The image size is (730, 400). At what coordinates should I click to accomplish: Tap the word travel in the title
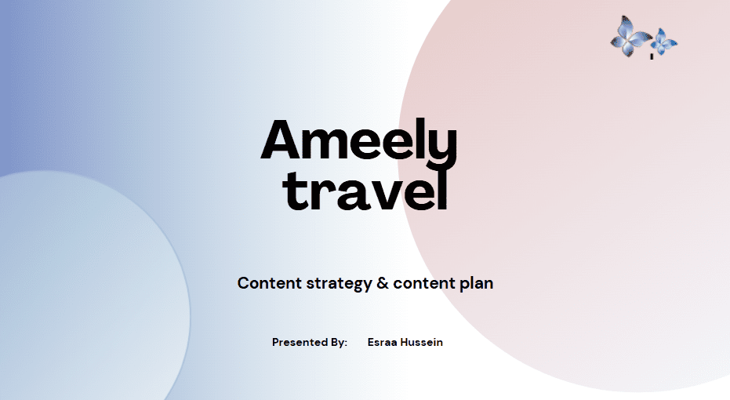365,190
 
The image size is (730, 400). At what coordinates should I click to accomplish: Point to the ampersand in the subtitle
383,282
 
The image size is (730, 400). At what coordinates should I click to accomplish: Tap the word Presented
300,342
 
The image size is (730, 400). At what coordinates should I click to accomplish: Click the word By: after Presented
339,343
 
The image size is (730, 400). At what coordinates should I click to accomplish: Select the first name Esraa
383,342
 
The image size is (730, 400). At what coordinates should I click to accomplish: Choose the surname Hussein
422,342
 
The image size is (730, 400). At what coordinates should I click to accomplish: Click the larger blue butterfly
630,36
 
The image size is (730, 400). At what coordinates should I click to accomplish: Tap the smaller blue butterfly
664,42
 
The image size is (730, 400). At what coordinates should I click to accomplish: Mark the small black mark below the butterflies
652,56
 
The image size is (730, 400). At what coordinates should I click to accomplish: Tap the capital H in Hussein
405,342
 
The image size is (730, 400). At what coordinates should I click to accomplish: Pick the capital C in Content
243,282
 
